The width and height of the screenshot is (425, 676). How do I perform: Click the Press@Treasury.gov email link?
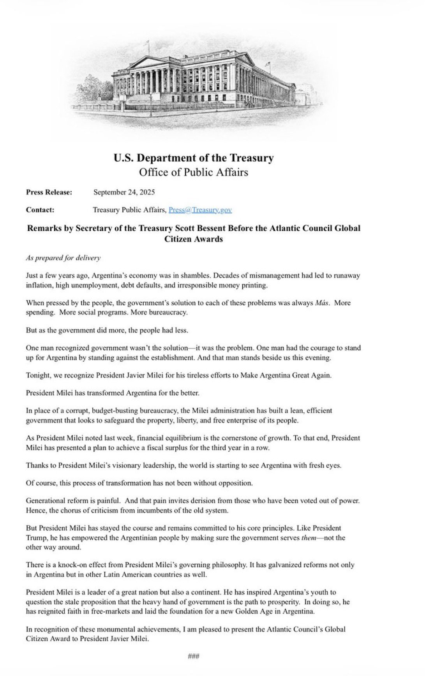(x=200, y=210)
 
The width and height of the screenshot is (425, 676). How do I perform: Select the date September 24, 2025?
(x=124, y=192)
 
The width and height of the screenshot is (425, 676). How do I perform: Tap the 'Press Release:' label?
(x=49, y=192)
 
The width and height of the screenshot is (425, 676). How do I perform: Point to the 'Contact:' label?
(x=40, y=210)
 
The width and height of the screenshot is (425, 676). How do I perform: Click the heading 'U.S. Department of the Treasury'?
(x=194, y=158)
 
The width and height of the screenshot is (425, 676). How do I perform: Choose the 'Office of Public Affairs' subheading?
(x=194, y=172)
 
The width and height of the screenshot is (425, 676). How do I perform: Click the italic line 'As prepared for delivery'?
(x=63, y=258)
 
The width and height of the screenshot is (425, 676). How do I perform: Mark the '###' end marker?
(x=194, y=657)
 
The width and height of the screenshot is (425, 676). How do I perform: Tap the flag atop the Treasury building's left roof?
(x=147, y=43)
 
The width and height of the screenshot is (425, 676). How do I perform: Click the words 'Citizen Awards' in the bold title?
(x=194, y=239)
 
